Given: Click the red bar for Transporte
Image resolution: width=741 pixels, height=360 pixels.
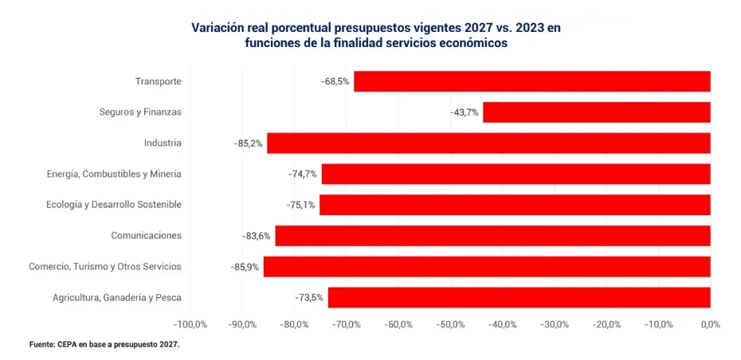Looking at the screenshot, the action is tap(532, 81).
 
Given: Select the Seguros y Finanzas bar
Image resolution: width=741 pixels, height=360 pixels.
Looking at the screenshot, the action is tap(597, 112).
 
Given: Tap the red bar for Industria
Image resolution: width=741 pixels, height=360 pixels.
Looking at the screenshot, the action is tap(488, 143).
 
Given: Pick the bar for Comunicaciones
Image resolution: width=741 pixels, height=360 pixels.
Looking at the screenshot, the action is tap(493, 236).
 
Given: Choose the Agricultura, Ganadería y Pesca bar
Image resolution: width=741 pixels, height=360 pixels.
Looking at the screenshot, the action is tap(519, 298).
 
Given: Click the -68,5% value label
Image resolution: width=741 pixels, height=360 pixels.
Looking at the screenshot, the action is tap(335, 81).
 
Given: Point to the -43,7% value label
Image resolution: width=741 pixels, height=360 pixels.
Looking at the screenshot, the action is tap(464, 112).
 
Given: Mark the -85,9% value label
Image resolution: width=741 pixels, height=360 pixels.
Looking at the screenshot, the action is tap(245, 267).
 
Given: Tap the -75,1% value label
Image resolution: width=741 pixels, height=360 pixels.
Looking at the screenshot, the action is tap(300, 205).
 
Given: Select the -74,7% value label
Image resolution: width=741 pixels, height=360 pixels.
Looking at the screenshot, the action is tap(303, 174).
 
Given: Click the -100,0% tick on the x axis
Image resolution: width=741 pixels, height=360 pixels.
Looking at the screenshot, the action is tap(190, 325).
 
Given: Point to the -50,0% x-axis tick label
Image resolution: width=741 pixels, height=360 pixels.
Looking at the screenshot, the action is tap(450, 325).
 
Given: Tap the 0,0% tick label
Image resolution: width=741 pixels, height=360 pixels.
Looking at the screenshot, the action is tap(710, 325).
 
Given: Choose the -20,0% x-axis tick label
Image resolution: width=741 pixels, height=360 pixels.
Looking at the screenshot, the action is tap(606, 325).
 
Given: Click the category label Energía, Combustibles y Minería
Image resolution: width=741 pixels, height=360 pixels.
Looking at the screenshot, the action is tap(115, 174).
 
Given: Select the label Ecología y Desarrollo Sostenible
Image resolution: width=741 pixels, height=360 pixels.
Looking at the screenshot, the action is tap(114, 205).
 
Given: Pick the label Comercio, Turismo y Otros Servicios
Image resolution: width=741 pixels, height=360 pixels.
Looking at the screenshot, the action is tap(105, 267).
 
